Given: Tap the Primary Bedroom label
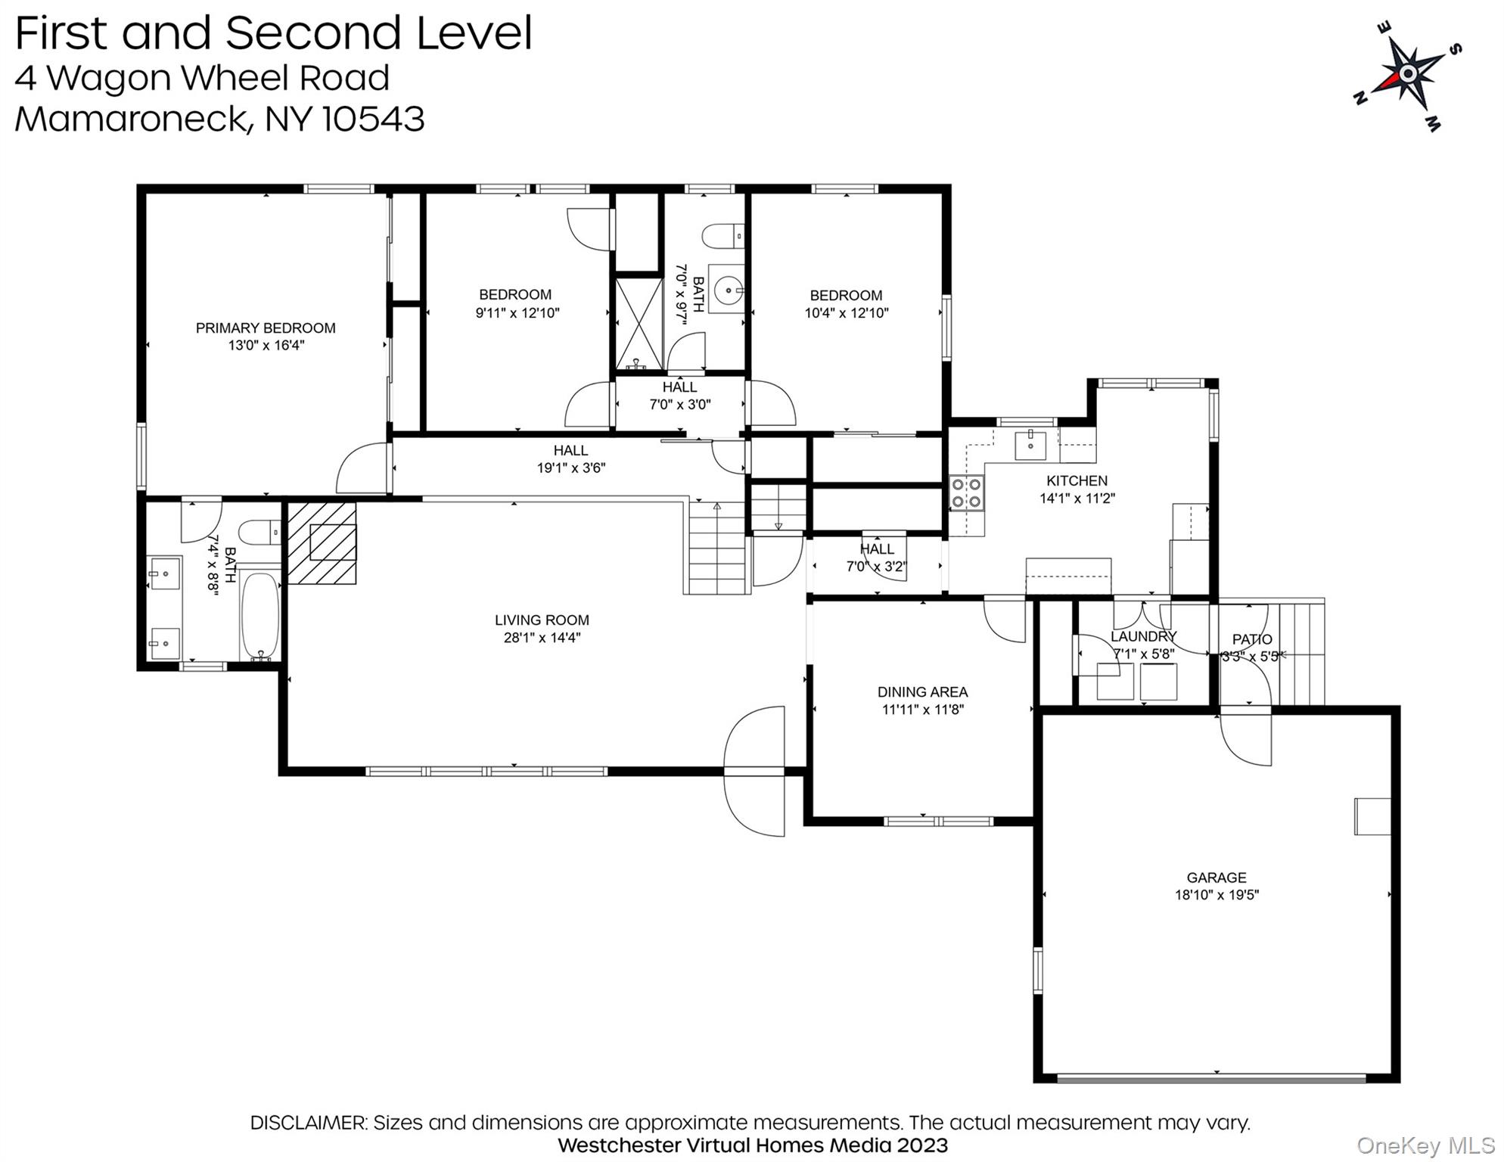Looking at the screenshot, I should [x=266, y=328].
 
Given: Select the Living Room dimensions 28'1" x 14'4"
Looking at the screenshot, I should [x=542, y=638].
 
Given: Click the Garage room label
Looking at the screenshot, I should [x=1216, y=878].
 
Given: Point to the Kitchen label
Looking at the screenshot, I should [x=1077, y=480].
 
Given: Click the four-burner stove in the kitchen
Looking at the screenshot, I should [x=966, y=492].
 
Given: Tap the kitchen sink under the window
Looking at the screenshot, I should [x=1030, y=445].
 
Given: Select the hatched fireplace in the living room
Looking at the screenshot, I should [x=322, y=543].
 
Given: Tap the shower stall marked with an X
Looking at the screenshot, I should [x=639, y=324].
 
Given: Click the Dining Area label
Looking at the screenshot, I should [x=922, y=691].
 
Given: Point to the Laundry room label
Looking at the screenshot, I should [x=1143, y=637].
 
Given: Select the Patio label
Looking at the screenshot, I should [x=1252, y=639].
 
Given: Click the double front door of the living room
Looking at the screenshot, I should [x=755, y=771].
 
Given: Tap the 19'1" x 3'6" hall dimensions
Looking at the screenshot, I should [x=570, y=468].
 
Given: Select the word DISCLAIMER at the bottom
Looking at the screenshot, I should [x=308, y=1123].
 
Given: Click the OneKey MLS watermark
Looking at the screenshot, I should [x=1425, y=1146].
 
